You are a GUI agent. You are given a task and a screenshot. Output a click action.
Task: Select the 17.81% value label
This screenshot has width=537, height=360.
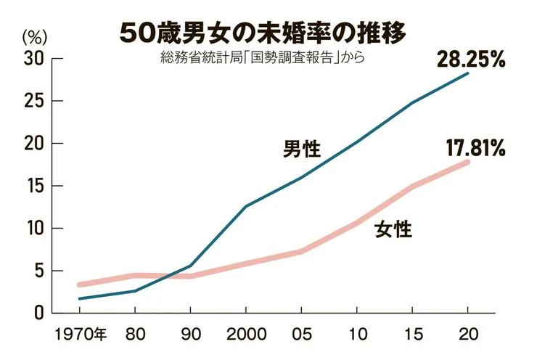tap(475, 150)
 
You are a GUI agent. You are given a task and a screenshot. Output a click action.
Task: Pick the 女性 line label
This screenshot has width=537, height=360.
tap(393, 231)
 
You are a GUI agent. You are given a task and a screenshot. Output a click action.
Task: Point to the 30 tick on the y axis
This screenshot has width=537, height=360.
tap(34, 58)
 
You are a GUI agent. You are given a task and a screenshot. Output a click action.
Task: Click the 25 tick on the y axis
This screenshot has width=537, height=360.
tap(34, 101)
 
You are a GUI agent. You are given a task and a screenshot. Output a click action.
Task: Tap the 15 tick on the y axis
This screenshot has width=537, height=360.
tap(34, 186)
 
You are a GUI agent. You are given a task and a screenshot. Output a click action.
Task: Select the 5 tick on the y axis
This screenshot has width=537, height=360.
tap(38, 271)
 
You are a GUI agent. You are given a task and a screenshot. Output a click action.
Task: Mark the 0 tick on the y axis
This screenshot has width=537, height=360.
tap(38, 313)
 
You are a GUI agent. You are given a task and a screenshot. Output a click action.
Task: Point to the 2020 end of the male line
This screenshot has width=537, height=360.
tap(468, 73)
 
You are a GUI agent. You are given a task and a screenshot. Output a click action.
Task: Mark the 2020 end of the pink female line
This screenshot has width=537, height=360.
tap(468, 161)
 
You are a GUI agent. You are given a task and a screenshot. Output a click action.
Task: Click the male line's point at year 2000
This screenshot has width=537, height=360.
tap(245, 206)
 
